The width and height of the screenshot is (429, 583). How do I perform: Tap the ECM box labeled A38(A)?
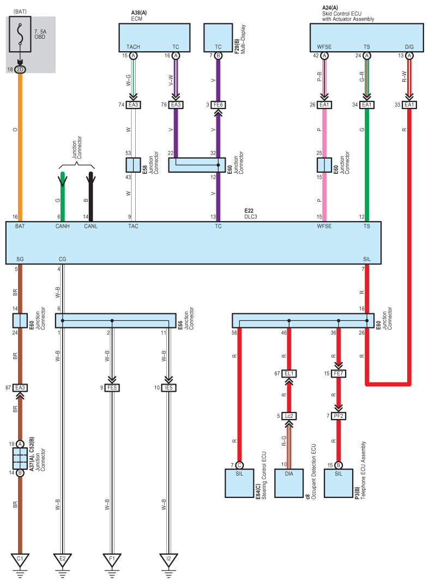click(x=154, y=38)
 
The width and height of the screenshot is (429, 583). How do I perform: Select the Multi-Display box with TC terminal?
click(x=218, y=38)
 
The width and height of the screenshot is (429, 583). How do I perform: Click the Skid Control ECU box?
click(x=366, y=38)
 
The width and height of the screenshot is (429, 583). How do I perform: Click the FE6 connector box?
click(x=218, y=105)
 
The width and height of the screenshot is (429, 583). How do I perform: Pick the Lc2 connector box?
click(x=289, y=416)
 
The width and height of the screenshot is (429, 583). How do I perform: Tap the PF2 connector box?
click(x=338, y=416)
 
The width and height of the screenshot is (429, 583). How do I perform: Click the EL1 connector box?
click(x=289, y=373)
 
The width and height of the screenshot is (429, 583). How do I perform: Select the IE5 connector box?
click(x=168, y=387)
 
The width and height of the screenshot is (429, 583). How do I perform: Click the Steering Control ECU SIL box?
click(x=239, y=483)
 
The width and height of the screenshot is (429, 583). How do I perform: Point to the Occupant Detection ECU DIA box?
click(x=289, y=483)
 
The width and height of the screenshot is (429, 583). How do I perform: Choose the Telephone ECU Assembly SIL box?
click(x=338, y=483)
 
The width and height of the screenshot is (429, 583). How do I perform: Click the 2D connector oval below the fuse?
click(x=20, y=70)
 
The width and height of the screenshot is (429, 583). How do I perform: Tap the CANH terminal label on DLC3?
click(x=63, y=226)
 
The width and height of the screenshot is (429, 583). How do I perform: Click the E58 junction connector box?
click(x=133, y=165)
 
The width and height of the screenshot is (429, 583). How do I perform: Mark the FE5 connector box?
click(x=112, y=387)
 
